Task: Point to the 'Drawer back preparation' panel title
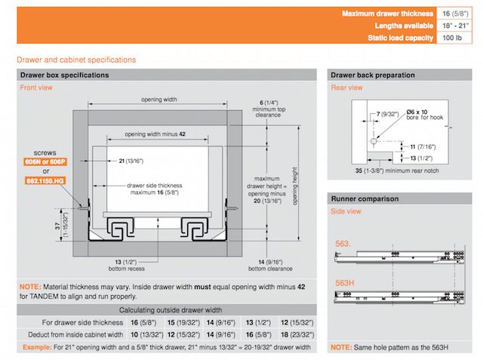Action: (x=372, y=75)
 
